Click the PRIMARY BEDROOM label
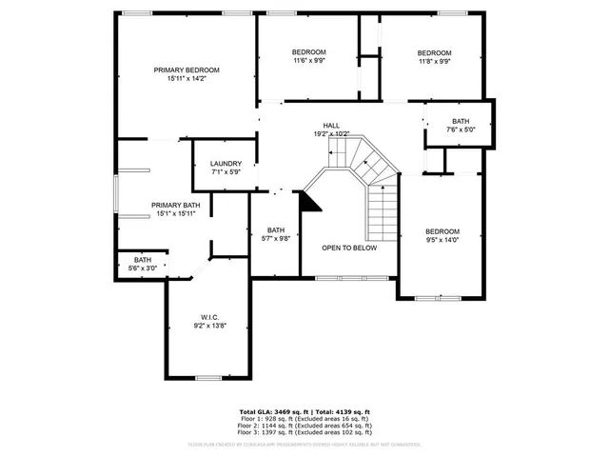187,70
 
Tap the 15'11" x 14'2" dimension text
187,79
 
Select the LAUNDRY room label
226,164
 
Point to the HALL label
331,126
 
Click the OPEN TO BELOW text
348,248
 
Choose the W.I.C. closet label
210,317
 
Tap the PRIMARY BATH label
175,205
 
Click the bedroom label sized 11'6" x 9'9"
308,51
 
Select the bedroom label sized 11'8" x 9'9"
434,52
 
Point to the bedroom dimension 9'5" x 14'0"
442,241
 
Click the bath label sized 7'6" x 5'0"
461,121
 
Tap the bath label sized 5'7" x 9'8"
276,229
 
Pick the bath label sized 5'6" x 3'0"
143,260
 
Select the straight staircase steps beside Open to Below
381,211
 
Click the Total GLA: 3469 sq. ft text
269,411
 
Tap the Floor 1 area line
304,418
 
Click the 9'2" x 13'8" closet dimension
210,327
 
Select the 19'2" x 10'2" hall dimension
331,134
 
